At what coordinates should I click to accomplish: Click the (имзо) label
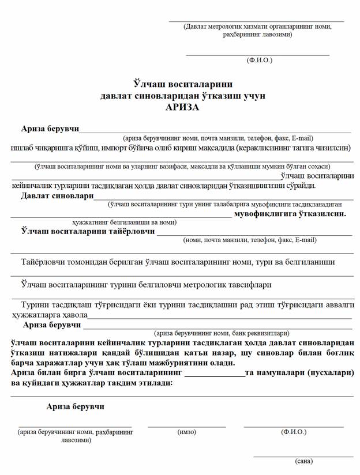(x=186, y=432)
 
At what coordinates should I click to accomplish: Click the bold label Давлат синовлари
(x=57, y=196)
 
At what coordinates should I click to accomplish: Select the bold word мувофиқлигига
(x=262, y=214)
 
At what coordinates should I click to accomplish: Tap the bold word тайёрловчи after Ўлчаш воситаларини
(x=131, y=231)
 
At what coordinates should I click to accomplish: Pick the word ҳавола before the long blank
(x=73, y=315)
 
